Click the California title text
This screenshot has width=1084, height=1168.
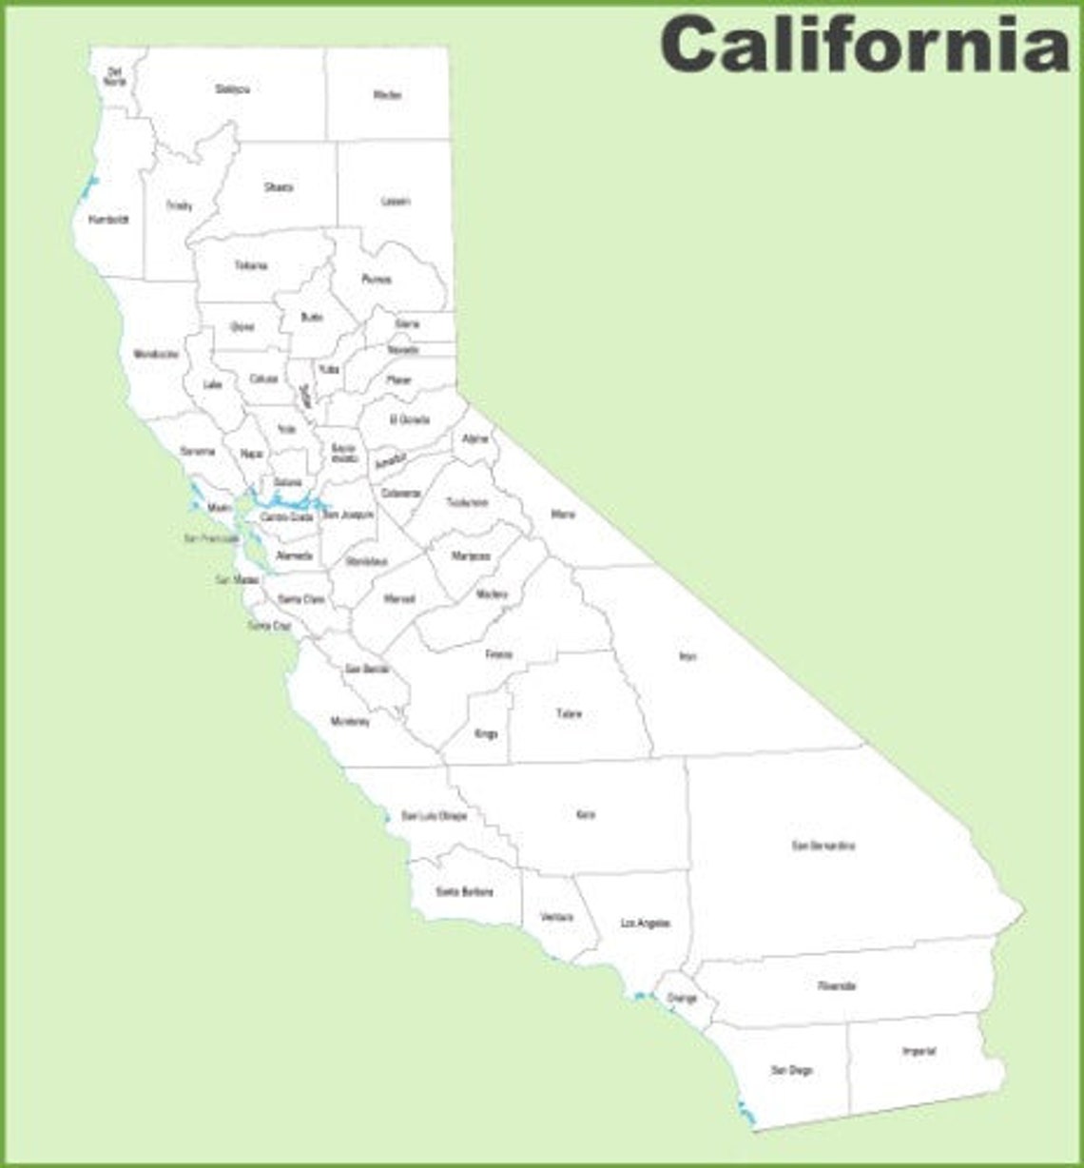865,44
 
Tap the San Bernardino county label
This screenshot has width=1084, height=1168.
823,846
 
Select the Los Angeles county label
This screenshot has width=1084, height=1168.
646,924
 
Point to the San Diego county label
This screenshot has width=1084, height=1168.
791,1070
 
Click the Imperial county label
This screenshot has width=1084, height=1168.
919,1051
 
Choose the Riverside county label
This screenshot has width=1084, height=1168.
837,986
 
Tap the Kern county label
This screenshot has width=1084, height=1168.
586,815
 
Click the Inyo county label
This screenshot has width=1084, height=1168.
687,656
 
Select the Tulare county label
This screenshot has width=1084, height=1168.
569,713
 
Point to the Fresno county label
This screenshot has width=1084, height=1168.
498,654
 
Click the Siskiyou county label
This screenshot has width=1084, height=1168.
232,89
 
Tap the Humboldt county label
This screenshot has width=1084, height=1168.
107,220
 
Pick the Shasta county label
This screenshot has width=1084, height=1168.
279,187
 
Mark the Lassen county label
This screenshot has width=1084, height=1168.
396,202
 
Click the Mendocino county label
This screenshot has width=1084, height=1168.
156,354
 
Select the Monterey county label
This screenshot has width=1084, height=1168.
350,721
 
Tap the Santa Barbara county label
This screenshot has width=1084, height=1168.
464,892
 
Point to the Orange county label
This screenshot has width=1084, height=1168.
682,998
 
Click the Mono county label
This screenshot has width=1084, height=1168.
562,515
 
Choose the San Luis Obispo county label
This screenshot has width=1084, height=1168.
434,816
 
